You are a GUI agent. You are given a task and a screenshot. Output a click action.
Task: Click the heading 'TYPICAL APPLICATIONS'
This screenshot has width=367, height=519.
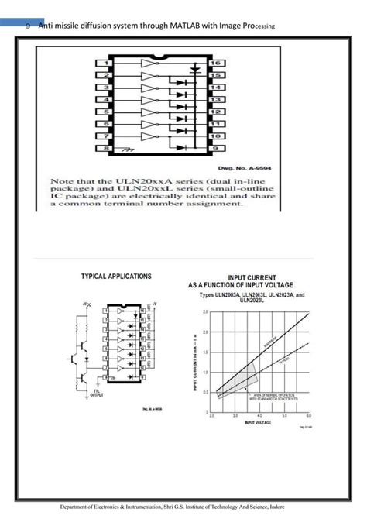pyautogui.click(x=116, y=276)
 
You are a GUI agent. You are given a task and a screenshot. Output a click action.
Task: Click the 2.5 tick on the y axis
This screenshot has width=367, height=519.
pyautogui.click(x=204, y=311)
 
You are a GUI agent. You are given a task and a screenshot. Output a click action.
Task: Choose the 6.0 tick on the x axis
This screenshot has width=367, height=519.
pyautogui.click(x=308, y=415)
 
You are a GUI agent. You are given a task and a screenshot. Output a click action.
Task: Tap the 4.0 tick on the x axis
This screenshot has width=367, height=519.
pyautogui.click(x=259, y=415)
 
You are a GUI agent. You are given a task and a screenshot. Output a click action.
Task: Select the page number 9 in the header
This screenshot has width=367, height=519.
pyautogui.click(x=28, y=26)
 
